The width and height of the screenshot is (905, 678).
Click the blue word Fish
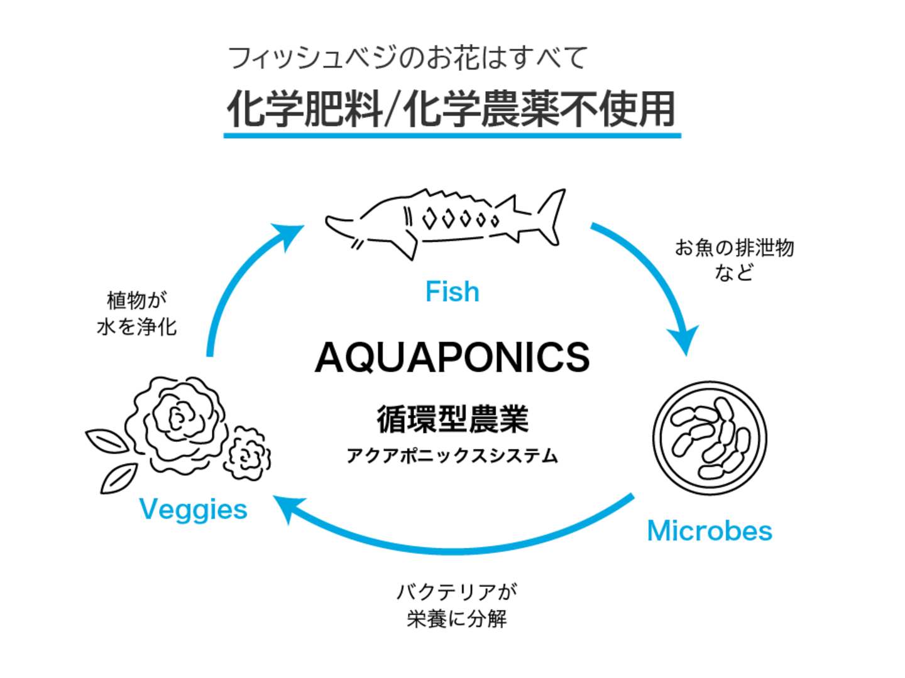452,292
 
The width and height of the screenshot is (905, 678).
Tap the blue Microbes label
710,531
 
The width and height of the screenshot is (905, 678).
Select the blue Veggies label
194,509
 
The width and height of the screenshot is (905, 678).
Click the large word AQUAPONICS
452,358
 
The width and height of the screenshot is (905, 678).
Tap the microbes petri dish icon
710,438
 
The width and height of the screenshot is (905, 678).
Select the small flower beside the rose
249,453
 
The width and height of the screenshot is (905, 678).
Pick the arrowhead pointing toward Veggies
287,507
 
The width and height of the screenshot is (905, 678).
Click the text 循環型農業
452,419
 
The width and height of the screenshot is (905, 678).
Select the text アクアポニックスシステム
452,456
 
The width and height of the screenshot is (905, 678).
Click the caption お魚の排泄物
734,248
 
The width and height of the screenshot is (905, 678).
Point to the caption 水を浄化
137,326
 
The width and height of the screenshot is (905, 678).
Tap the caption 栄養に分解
456,619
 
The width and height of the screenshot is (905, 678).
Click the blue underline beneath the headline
452,134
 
